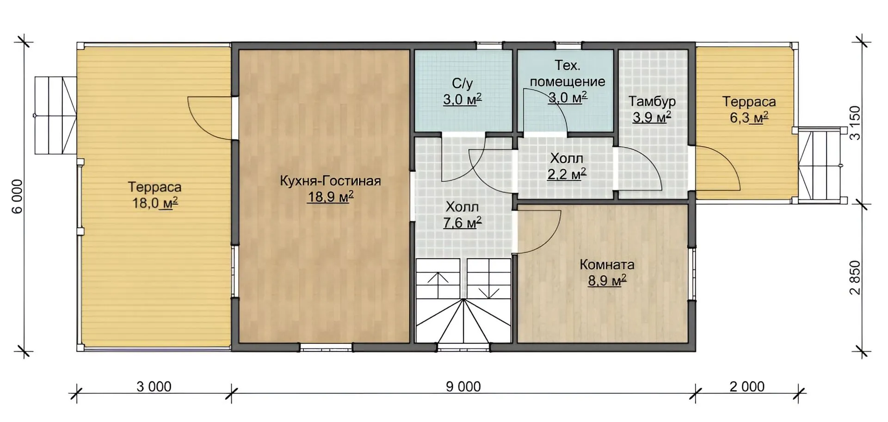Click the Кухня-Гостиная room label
[x=330, y=181]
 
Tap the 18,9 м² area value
[x=331, y=197]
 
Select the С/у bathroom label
[x=462, y=84]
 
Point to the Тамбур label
[x=652, y=101]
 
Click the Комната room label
[x=607, y=265]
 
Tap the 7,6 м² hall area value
[x=462, y=223]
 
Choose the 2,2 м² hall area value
[x=567, y=174]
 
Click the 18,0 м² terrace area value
[x=155, y=203]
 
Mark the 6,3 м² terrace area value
[x=749, y=118]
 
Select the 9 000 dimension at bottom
[x=463, y=386]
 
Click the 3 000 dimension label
[x=154, y=386]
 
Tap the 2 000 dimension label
[x=747, y=386]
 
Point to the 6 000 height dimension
[x=17, y=196]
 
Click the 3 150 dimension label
[x=856, y=123]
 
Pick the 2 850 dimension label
[x=856, y=278]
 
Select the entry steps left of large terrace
[x=55, y=115]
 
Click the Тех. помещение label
[x=567, y=73]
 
